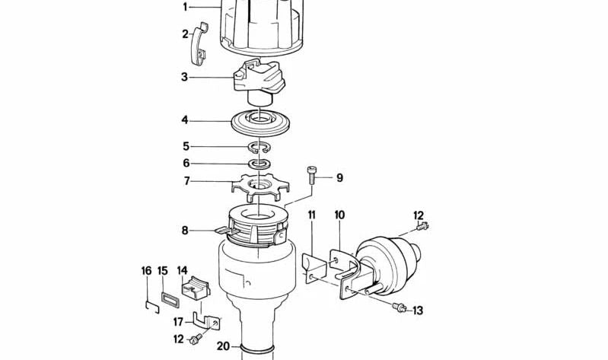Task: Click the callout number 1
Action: tap(184, 7)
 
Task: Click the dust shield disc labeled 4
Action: tap(261, 122)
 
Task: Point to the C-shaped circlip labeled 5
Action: tap(259, 147)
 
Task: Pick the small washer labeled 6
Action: tap(259, 164)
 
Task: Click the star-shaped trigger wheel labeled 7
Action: tap(259, 184)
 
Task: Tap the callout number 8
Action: tap(184, 229)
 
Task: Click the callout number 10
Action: tap(339, 215)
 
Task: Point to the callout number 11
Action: tap(312, 215)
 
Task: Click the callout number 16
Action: tap(146, 270)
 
